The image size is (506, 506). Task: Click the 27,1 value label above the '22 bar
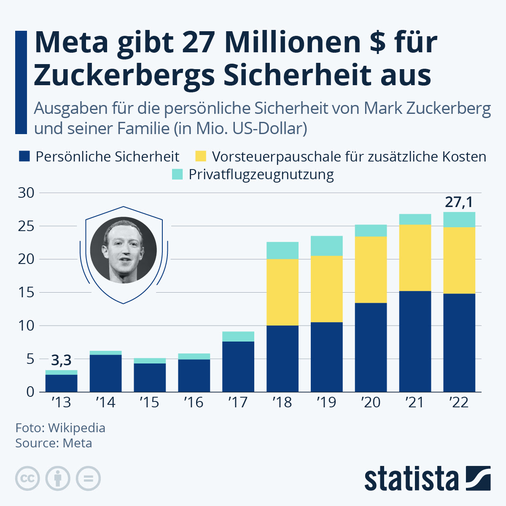pos(459,202)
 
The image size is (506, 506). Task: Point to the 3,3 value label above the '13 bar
pos(61,361)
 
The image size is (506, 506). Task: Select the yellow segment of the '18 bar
pos(283,292)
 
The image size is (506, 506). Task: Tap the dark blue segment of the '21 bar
pos(415,341)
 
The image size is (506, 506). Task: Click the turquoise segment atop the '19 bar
pos(327,246)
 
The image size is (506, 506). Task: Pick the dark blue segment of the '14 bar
pos(105,373)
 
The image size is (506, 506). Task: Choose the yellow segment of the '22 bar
pos(459,260)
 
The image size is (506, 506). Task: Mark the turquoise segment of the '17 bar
pos(238,336)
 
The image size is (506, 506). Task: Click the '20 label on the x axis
pos(371,403)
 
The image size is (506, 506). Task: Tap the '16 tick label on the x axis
pos(194,403)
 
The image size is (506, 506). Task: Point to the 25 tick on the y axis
pos(26,226)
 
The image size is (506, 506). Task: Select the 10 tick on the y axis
pos(26,326)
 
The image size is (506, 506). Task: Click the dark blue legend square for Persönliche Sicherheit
pos(24,156)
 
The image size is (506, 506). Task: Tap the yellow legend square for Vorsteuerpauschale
pos(201,156)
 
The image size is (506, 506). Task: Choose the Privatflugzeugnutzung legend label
pos(261,174)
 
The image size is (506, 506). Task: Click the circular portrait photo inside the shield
pos(124,250)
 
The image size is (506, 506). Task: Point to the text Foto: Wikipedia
pos(60,428)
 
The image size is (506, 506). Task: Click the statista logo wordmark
pos(411,479)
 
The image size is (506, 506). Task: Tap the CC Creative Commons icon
pos(27,479)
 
